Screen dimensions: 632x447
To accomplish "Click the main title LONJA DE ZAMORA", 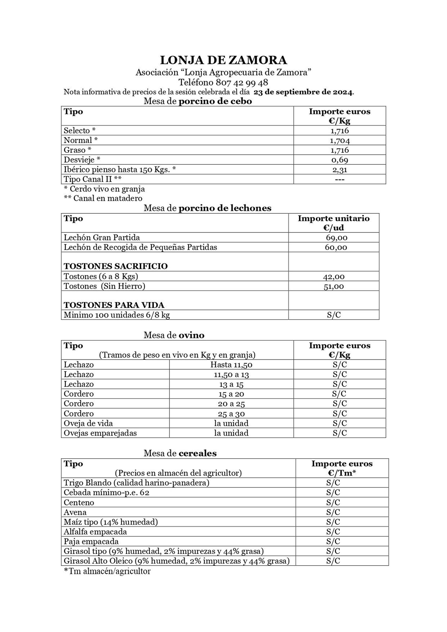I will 223,60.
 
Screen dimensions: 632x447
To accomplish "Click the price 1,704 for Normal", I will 339,140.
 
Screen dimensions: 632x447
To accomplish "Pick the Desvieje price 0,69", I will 339,160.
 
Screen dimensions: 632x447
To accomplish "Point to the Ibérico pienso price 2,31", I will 339,170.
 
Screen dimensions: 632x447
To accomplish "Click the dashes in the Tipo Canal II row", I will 339,179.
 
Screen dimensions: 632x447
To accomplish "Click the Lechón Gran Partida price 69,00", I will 336,238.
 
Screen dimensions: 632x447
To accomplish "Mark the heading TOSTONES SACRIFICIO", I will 116,266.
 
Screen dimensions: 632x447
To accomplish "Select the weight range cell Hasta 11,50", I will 231,365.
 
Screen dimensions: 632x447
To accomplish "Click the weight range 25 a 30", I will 231,414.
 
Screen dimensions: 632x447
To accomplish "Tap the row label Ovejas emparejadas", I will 100,433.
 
